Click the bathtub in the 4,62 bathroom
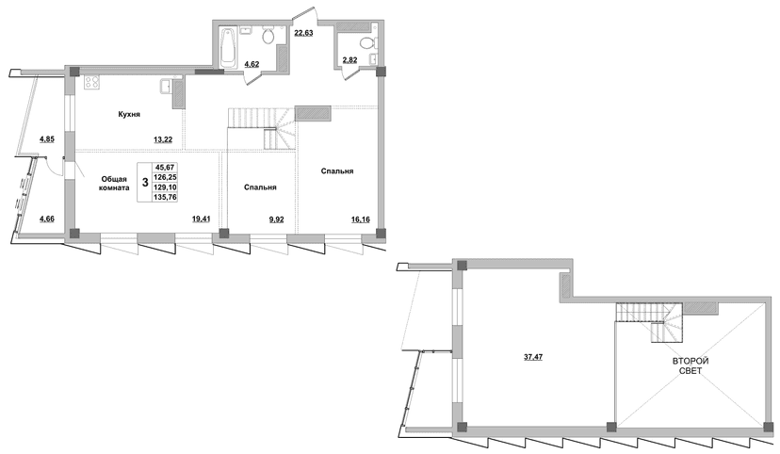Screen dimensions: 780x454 [x=228, y=50]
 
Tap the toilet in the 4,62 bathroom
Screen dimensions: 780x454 [x=268, y=36]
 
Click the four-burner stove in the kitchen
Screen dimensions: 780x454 [x=91, y=82]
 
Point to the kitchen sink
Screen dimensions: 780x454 [x=166, y=87]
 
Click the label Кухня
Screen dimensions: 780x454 [x=129, y=114]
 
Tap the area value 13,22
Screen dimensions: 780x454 [x=163, y=139]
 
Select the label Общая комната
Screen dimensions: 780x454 [x=115, y=184]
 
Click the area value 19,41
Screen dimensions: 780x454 [x=201, y=219]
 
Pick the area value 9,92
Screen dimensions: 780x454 [x=276, y=219]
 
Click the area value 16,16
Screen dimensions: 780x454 [x=361, y=219]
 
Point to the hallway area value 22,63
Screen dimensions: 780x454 [x=303, y=34]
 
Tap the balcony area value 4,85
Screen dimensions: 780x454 [x=47, y=139]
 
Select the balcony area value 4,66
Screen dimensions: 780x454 [x=47, y=218]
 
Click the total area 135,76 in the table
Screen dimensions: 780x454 [x=166, y=197]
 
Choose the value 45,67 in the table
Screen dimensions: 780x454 [x=165, y=167]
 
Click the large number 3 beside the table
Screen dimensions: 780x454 [x=145, y=182]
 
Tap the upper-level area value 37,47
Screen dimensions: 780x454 [x=533, y=357]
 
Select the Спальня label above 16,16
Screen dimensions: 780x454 [x=336, y=171]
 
